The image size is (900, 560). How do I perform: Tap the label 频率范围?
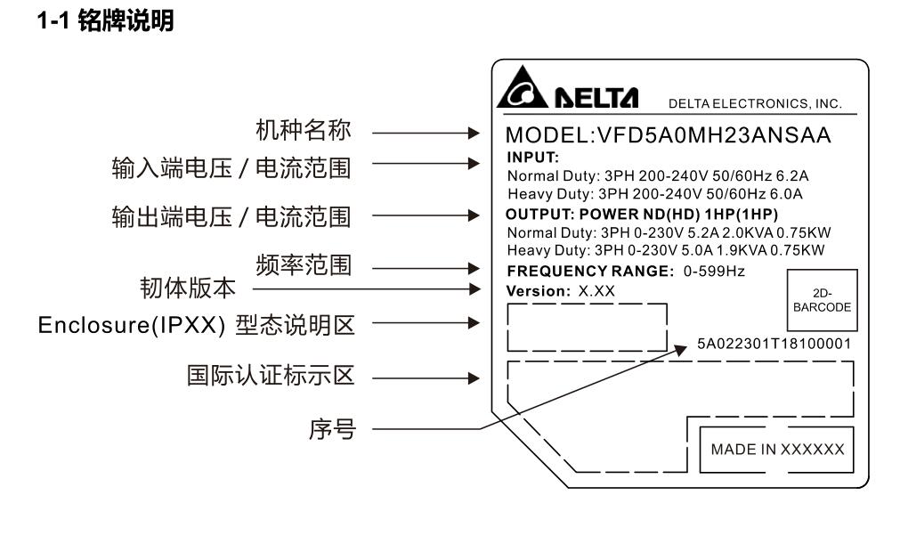pyautogui.click(x=307, y=264)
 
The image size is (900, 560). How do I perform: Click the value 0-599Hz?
pyautogui.click(x=711, y=271)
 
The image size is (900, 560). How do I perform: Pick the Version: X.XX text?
pyautogui.click(x=560, y=290)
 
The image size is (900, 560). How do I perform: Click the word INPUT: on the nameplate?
pyautogui.click(x=526, y=157)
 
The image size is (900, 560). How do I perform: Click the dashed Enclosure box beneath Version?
pyautogui.click(x=587, y=327)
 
